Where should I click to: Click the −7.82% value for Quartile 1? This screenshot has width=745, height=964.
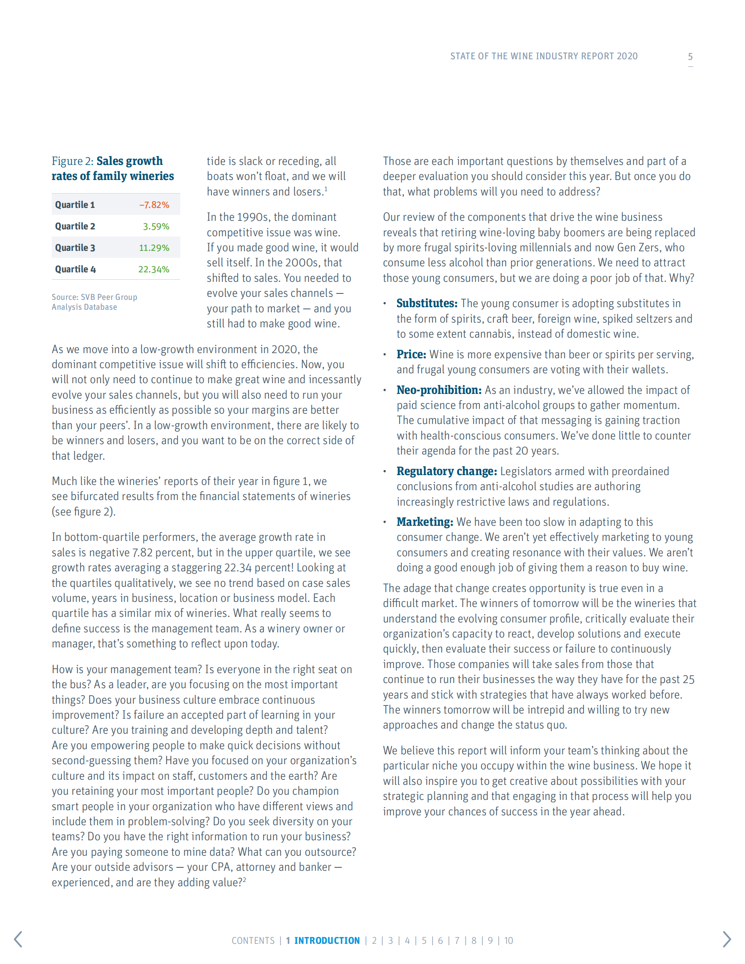coord(154,205)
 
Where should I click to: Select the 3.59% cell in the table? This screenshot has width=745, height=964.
coord(156,226)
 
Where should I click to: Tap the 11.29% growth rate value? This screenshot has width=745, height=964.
coord(154,248)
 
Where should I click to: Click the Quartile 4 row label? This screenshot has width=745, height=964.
coord(76,269)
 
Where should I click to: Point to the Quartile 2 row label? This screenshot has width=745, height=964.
coord(75,226)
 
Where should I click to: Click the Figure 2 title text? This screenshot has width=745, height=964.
coord(113,168)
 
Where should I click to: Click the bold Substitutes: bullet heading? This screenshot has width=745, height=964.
coord(426,303)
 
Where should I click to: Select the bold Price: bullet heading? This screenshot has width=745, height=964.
coord(411,354)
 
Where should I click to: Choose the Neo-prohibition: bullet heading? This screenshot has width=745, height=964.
coord(439,390)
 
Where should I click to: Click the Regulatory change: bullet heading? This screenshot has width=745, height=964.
coord(447,471)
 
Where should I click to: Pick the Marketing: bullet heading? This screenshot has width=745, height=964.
coord(424,522)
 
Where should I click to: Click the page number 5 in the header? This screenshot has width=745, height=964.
coord(690,57)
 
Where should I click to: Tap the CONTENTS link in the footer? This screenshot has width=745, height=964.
coord(253,941)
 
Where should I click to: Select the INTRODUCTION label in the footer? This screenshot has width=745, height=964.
coord(327,941)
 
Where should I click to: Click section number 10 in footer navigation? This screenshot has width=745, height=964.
coord(508,941)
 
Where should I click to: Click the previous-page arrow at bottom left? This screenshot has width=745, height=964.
coord(18,939)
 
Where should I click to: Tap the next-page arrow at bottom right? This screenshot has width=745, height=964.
coord(727,939)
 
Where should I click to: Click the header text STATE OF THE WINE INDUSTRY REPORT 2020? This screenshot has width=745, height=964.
coord(544,56)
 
